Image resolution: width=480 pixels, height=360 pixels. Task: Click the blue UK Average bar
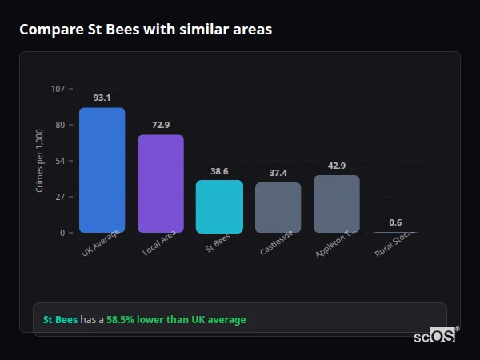tap(102, 170)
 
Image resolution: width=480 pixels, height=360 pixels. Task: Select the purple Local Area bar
tap(161, 184)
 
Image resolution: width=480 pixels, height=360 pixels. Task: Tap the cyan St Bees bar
tap(219, 206)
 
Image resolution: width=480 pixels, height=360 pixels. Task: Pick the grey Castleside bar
tap(278, 207)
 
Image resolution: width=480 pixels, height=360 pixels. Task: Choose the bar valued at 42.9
tap(337, 204)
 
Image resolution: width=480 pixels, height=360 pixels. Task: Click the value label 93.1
tap(102, 98)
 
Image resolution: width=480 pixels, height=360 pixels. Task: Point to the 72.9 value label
tap(161, 125)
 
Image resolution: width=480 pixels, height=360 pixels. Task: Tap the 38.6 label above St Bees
tap(219, 171)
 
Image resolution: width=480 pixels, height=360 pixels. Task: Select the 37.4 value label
tap(278, 173)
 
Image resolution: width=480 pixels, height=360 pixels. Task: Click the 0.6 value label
tap(395, 222)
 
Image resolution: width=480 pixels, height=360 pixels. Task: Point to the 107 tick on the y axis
tap(58, 89)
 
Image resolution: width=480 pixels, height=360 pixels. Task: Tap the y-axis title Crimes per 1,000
tap(40, 161)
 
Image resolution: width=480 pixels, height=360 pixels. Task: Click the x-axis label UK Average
tap(102, 243)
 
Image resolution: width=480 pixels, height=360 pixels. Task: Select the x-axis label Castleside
tap(277, 243)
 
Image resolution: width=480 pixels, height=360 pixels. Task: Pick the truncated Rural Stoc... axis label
tap(394, 243)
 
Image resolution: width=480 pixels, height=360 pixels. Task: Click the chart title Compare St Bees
tap(146, 30)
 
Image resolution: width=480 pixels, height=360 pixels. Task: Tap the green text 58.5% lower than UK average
tap(176, 320)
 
